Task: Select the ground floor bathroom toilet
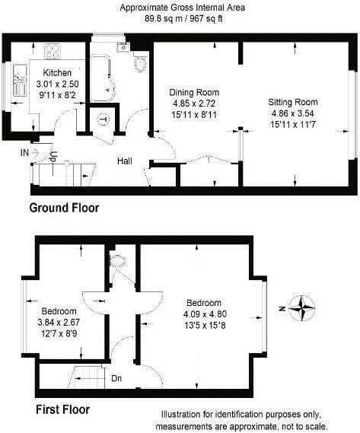click(139, 63)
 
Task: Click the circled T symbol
click(103, 118)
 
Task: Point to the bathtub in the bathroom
click(100, 80)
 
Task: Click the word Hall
click(126, 161)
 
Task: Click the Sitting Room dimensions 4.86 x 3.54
click(292, 112)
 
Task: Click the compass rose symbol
click(304, 307)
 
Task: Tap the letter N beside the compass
click(281, 308)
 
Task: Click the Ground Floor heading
click(64, 207)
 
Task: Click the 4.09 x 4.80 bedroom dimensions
click(205, 314)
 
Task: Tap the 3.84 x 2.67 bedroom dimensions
click(59, 323)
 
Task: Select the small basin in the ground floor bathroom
click(122, 48)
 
